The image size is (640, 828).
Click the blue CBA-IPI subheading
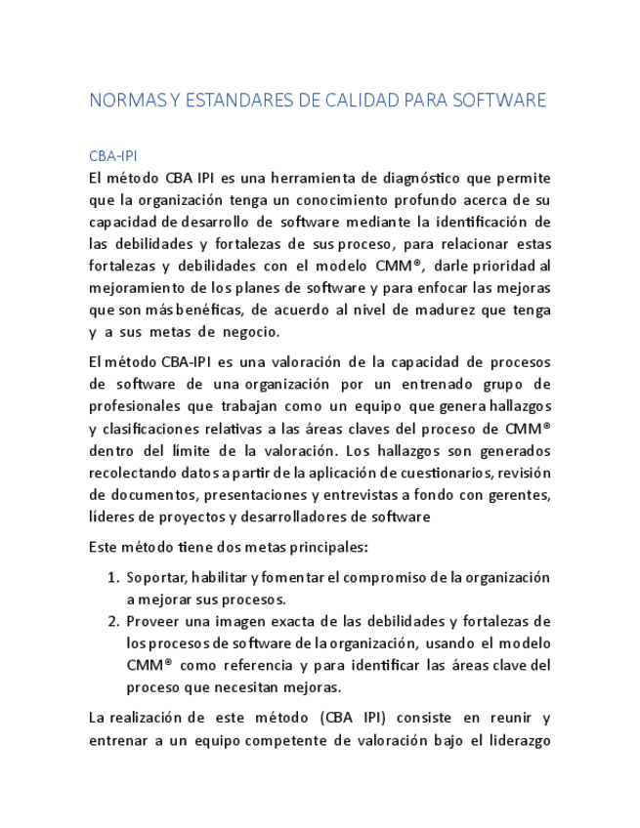pos(112,155)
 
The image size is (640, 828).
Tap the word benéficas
pos(209,310)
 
